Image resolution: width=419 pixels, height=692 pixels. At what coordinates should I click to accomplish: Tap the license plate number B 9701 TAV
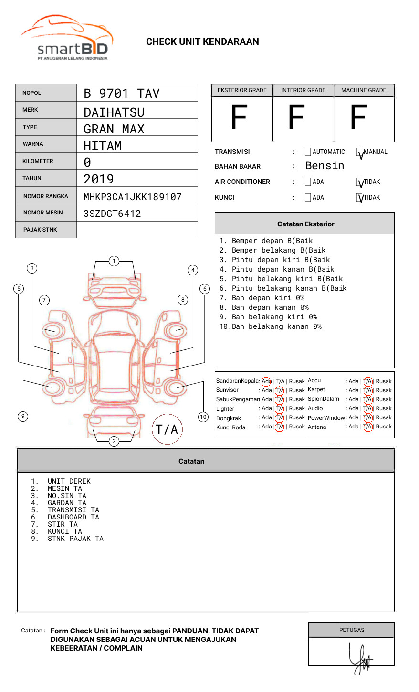pos(121,93)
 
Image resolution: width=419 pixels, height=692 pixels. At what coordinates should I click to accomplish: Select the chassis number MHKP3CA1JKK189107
pos(132,197)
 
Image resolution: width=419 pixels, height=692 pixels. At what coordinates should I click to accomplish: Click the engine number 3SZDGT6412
pos(112,214)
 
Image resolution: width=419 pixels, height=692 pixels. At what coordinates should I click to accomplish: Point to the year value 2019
pos(99,179)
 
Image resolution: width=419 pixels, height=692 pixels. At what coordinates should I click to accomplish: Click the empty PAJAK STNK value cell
pos(137,230)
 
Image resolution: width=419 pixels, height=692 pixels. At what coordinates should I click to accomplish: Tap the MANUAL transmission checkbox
pos(359,152)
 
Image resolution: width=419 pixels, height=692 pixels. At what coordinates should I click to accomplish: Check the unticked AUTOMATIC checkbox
pos(308,152)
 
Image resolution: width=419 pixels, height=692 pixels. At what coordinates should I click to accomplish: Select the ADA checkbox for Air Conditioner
pos(308,182)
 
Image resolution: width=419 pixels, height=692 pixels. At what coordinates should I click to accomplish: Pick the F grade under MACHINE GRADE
pos(358,118)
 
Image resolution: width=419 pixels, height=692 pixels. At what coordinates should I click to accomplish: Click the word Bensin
pos(325,166)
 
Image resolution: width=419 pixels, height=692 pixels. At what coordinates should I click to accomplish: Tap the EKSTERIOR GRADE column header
pos(242,90)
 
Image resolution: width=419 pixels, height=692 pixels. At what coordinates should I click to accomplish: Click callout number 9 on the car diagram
pos(23,416)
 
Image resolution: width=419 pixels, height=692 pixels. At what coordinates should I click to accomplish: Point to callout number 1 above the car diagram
pos(114,261)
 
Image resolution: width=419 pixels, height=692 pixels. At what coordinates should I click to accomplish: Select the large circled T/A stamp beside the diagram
pos(167,429)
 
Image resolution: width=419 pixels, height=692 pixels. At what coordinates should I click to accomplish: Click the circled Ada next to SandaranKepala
pos(266,381)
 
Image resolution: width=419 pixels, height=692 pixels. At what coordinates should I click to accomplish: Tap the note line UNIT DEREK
pos(69,481)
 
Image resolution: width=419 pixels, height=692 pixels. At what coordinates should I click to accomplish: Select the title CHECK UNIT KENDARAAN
pos(202,42)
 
